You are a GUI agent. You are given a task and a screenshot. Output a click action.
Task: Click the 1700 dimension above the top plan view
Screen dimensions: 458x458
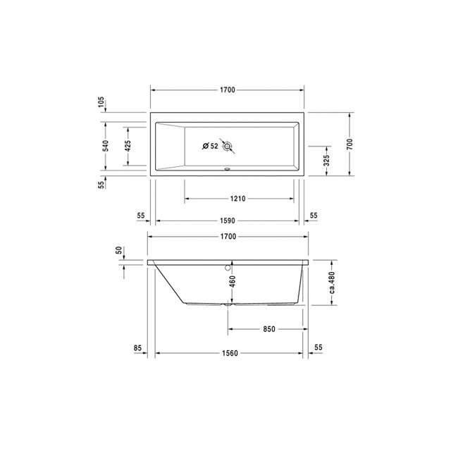click(x=226, y=90)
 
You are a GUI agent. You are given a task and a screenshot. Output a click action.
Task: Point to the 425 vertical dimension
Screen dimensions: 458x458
click(x=127, y=146)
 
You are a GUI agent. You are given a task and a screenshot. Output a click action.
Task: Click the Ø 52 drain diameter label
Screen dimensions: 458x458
click(x=209, y=147)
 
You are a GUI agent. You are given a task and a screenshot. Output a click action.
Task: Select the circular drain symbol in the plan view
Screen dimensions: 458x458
click(x=227, y=147)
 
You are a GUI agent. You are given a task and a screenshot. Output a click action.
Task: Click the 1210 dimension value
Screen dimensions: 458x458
click(x=237, y=199)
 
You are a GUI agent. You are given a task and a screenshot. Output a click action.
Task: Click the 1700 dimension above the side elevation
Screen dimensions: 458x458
click(x=226, y=237)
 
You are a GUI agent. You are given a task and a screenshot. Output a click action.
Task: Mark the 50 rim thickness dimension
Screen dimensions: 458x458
click(x=118, y=250)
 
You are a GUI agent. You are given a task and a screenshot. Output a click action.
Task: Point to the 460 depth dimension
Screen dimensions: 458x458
click(x=231, y=283)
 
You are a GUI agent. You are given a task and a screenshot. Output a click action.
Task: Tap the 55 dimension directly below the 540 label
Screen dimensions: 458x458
click(x=101, y=184)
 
